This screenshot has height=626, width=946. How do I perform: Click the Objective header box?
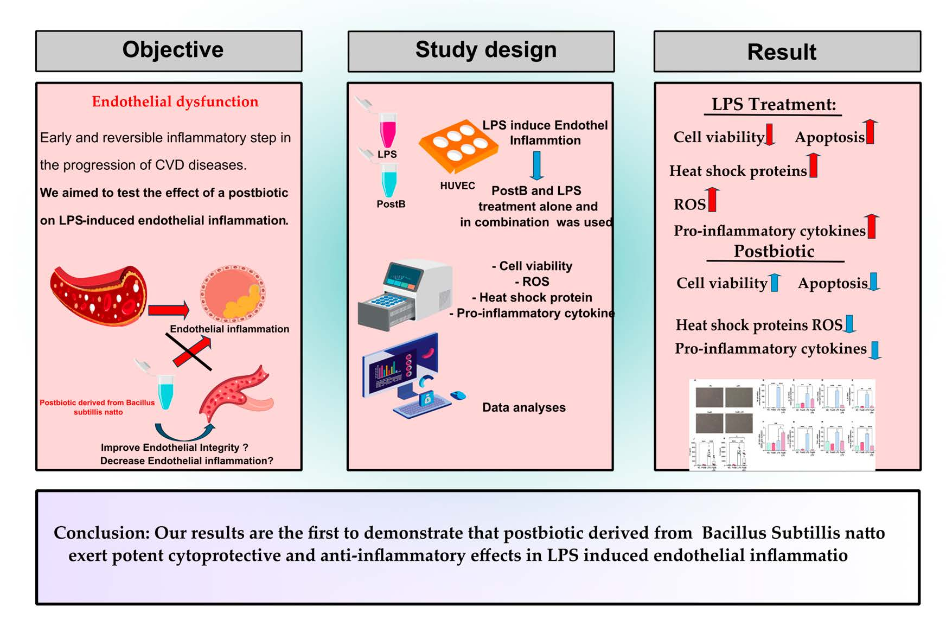pyautogui.click(x=169, y=51)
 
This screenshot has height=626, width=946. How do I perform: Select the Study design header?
pyautogui.click(x=481, y=51)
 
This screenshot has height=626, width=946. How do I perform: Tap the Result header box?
pyautogui.click(x=787, y=52)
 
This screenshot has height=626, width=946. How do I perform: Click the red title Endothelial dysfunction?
pyautogui.click(x=175, y=101)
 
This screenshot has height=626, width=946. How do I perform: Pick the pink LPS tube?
pyautogui.click(x=387, y=130)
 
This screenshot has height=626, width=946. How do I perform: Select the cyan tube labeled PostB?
pyautogui.click(x=388, y=181)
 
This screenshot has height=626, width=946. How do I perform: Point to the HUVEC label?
pyautogui.click(x=457, y=186)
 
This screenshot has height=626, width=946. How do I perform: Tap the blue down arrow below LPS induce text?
pyautogui.click(x=536, y=165)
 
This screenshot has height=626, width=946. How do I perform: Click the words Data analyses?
pyautogui.click(x=523, y=407)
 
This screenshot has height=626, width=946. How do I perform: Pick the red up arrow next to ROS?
pyautogui.click(x=713, y=199)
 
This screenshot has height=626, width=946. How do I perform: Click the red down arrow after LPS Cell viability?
pyautogui.click(x=770, y=135)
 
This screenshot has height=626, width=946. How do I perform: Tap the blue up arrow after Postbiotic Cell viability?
pyautogui.click(x=775, y=283)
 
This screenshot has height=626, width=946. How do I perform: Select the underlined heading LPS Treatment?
pyautogui.click(x=774, y=104)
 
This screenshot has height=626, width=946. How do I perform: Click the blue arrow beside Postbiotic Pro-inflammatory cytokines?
pyautogui.click(x=875, y=350)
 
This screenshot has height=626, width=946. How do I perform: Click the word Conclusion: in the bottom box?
pyautogui.click(x=101, y=533)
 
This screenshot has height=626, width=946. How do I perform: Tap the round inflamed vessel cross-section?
pyautogui.click(x=233, y=294)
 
